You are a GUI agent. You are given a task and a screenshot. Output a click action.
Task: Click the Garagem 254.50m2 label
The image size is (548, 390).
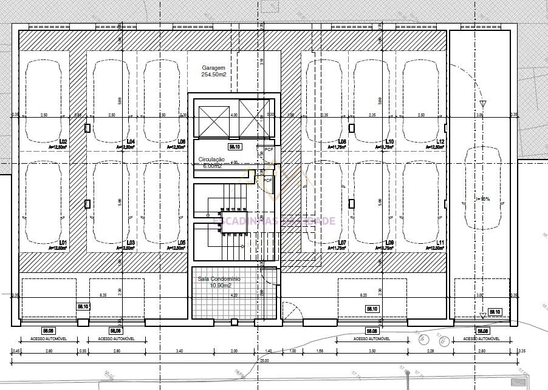pos(214,71)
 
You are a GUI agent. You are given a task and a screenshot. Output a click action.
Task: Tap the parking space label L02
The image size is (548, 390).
pos(63,142)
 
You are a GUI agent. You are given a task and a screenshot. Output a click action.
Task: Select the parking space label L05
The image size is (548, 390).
pos(181,243)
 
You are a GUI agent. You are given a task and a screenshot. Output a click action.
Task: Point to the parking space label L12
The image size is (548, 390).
pos(441,142)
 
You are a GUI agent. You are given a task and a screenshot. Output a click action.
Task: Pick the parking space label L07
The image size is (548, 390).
pos(342,243)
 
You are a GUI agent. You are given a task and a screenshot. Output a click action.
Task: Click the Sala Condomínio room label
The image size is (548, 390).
pos(219,281)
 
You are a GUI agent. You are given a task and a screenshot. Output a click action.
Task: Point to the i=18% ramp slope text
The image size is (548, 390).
pos(483,198)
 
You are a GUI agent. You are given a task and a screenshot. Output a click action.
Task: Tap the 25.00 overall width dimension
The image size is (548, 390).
pos(264,361)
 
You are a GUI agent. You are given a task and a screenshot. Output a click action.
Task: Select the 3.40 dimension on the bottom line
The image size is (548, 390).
pos(179,351)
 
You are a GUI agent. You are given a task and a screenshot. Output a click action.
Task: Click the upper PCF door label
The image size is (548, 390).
pos(269,149)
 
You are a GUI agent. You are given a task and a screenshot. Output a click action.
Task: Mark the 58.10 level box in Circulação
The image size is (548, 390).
pos(235,147)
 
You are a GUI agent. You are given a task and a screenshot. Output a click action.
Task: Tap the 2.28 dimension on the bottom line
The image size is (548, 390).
pos(430,351)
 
